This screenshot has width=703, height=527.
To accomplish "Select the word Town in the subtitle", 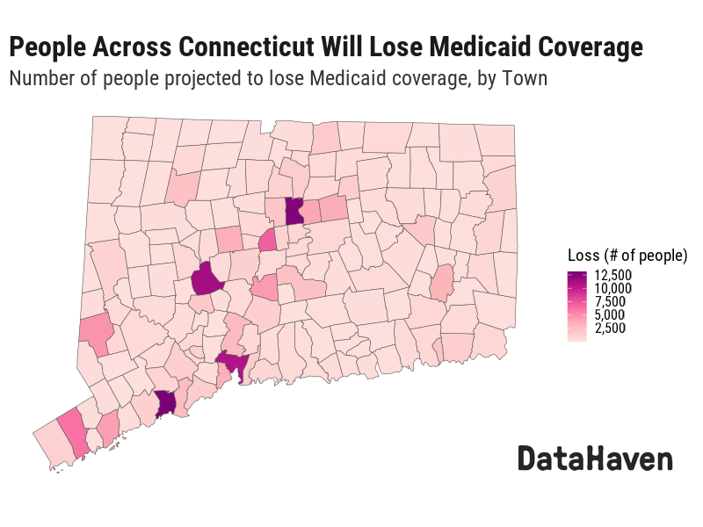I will click(x=524, y=78).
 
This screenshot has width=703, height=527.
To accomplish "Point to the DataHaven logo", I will click(x=595, y=458).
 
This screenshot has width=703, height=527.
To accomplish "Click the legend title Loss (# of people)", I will click(x=627, y=256).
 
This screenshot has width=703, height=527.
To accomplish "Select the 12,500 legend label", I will click(x=613, y=276).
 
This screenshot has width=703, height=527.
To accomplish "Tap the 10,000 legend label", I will click(x=613, y=289).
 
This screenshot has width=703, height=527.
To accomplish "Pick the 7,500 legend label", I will click(x=610, y=302).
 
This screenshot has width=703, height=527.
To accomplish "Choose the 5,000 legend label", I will click(x=610, y=315).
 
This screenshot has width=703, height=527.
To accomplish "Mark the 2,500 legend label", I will click(x=610, y=328).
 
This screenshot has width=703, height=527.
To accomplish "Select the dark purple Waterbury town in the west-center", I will click(x=207, y=280).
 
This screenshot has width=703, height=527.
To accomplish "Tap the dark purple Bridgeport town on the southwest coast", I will click(x=165, y=404).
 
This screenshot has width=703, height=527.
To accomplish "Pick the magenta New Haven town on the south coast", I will click(x=234, y=362).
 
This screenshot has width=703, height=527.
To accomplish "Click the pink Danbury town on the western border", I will click(x=96, y=332).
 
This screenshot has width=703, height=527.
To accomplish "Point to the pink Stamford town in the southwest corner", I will click(x=74, y=432).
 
